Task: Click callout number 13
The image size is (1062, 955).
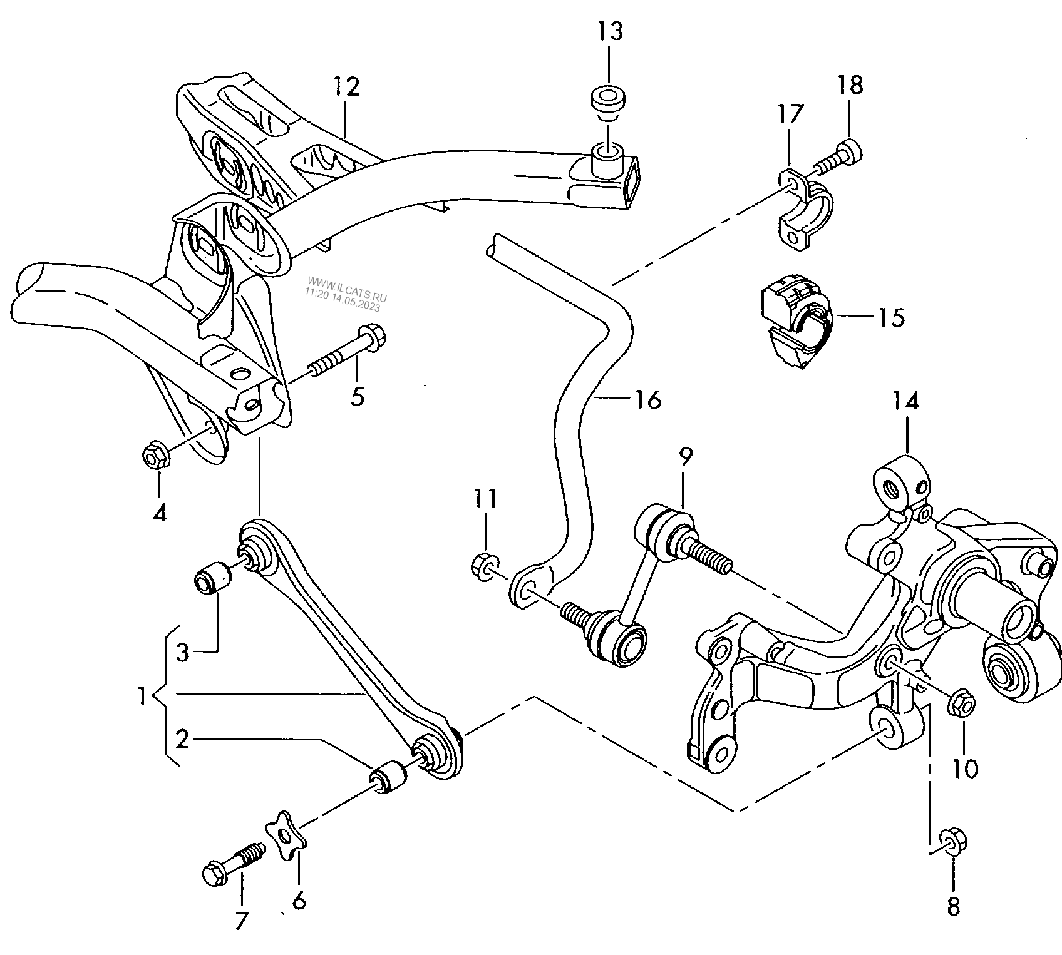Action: pyautogui.click(x=610, y=31)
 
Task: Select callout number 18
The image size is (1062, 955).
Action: pyautogui.click(x=850, y=85)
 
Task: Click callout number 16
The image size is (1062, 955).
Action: pyautogui.click(x=647, y=399)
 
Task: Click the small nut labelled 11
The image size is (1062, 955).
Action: pyautogui.click(x=482, y=566)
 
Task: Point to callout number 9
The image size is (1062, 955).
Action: pyautogui.click(x=685, y=457)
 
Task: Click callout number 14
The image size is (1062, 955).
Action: pyautogui.click(x=906, y=401)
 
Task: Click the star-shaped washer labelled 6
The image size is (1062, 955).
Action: pyautogui.click(x=284, y=833)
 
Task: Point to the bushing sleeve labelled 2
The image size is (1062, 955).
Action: pyautogui.click(x=388, y=775)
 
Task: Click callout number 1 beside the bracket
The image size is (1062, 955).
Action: pyautogui.click(x=142, y=695)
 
